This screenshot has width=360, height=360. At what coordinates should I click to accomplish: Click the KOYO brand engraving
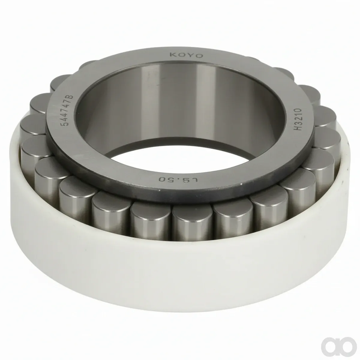[x=186, y=55]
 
